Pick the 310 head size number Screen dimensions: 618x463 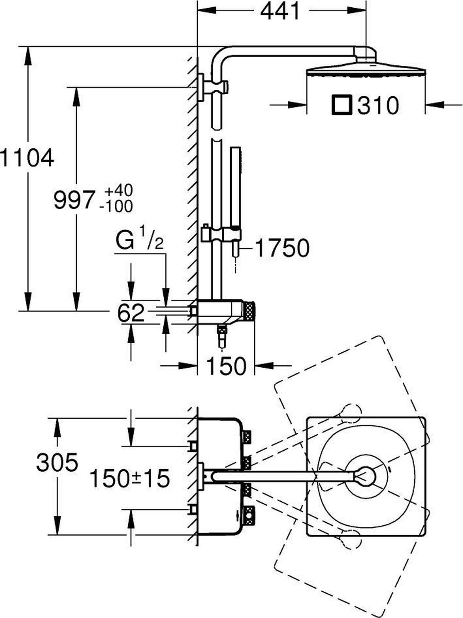coord(379,106)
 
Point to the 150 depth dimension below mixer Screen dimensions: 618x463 coord(227,366)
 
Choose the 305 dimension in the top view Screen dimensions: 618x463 coord(57,462)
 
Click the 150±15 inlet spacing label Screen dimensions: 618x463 coord(129,479)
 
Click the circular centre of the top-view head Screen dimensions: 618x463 coord(367,476)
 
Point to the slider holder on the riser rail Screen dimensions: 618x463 coord(221,234)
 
